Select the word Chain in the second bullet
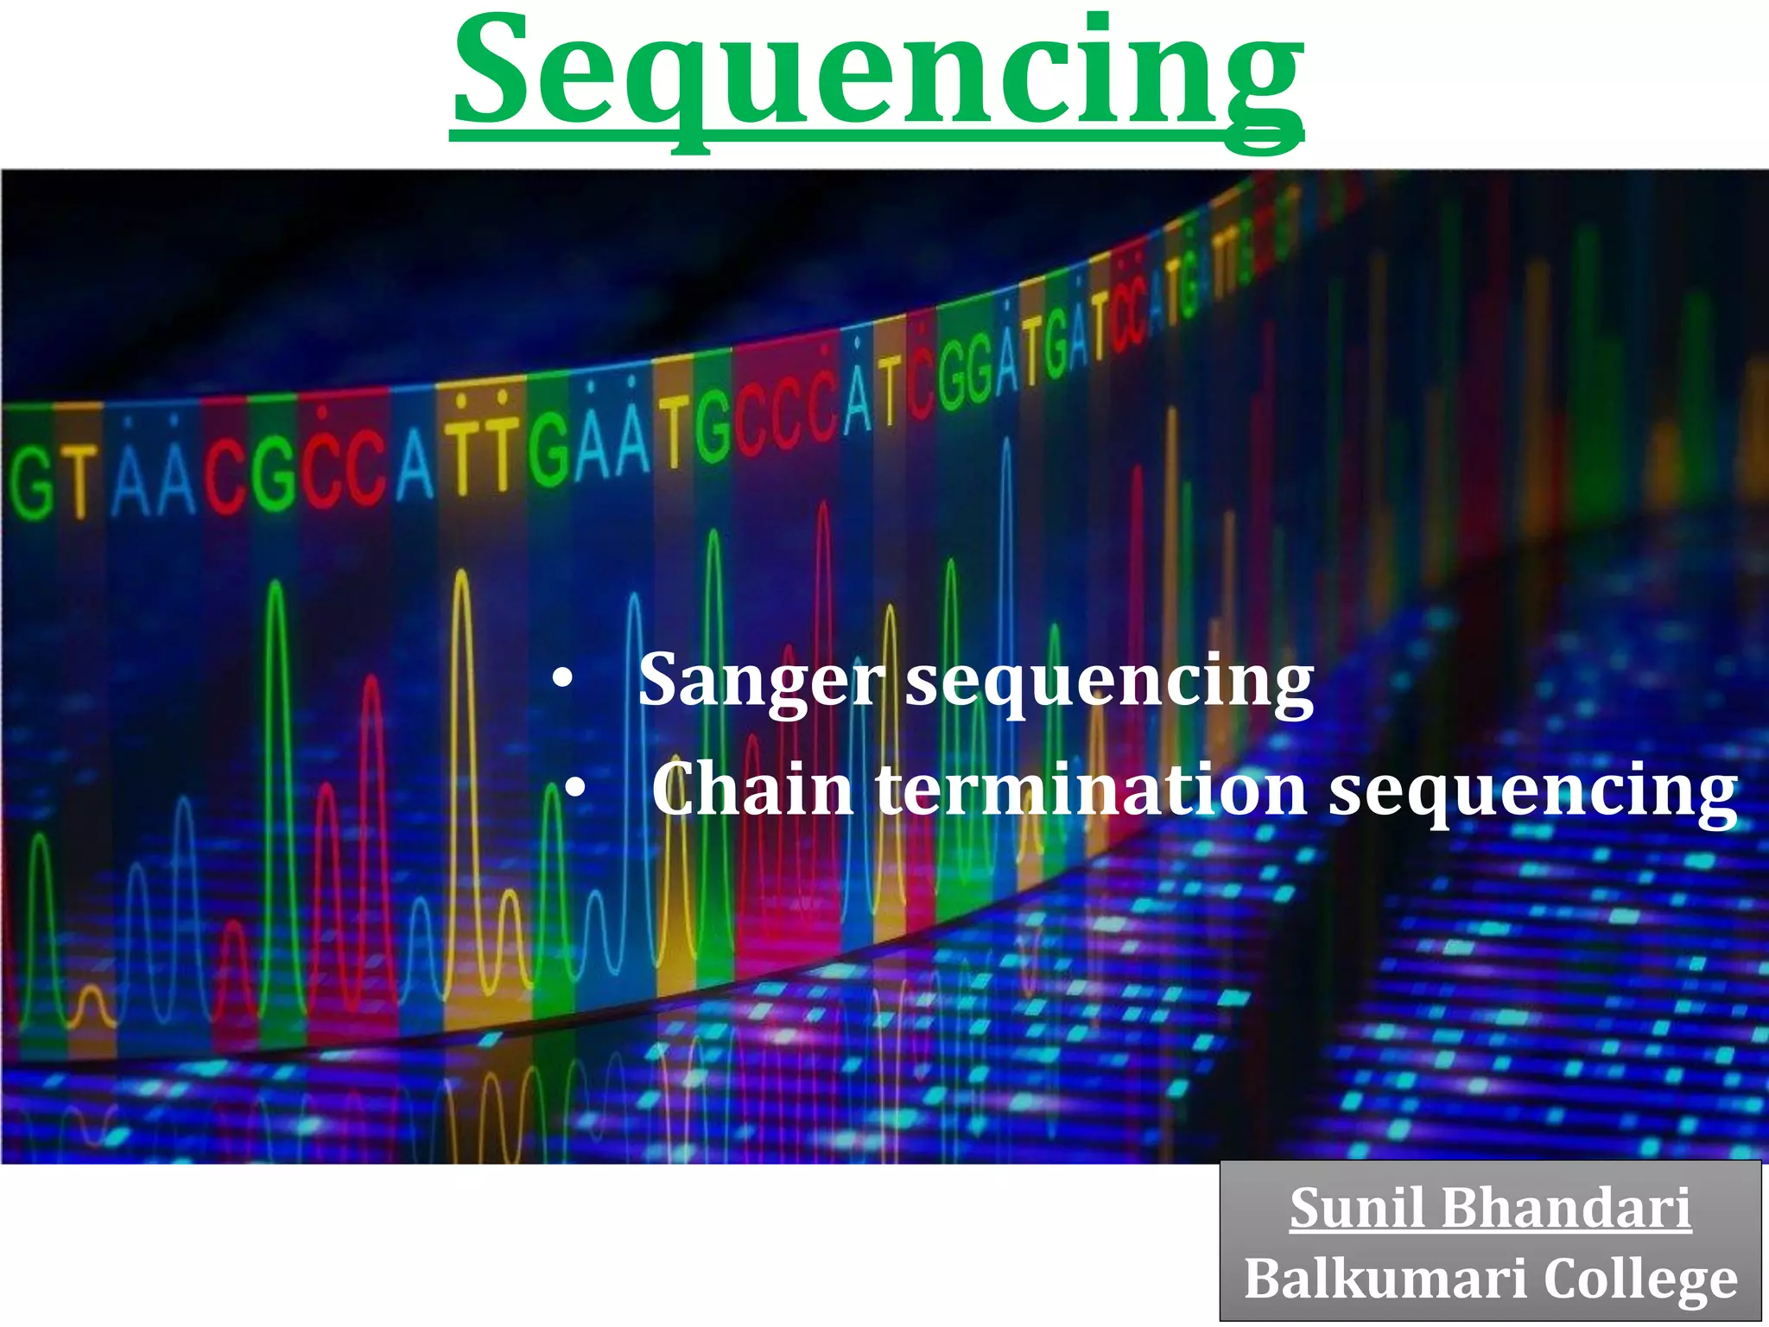(x=752, y=790)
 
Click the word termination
(x=1092, y=790)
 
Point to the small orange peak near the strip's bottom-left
(x=92, y=1002)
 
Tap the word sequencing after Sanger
(x=1109, y=682)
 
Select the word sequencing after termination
(x=1532, y=790)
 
